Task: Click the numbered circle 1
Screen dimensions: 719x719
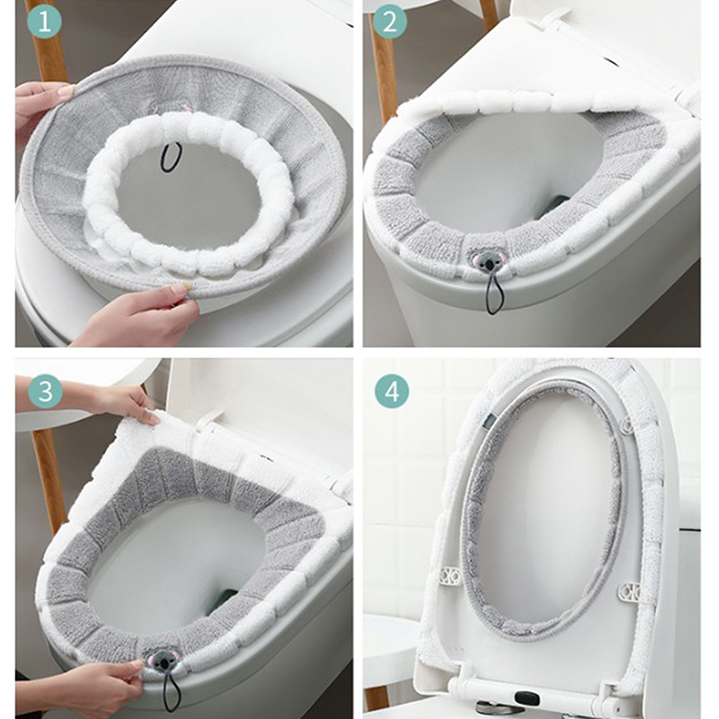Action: (44, 21)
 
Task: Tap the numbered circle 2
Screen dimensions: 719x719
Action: (389, 21)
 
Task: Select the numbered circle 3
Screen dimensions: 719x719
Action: (45, 392)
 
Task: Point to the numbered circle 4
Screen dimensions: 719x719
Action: (392, 392)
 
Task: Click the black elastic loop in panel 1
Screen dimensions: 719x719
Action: (171, 157)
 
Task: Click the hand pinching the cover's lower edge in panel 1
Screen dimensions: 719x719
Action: (138, 317)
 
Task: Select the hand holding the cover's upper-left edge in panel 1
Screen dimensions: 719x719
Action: (41, 110)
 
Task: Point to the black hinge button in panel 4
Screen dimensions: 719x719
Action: (527, 698)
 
